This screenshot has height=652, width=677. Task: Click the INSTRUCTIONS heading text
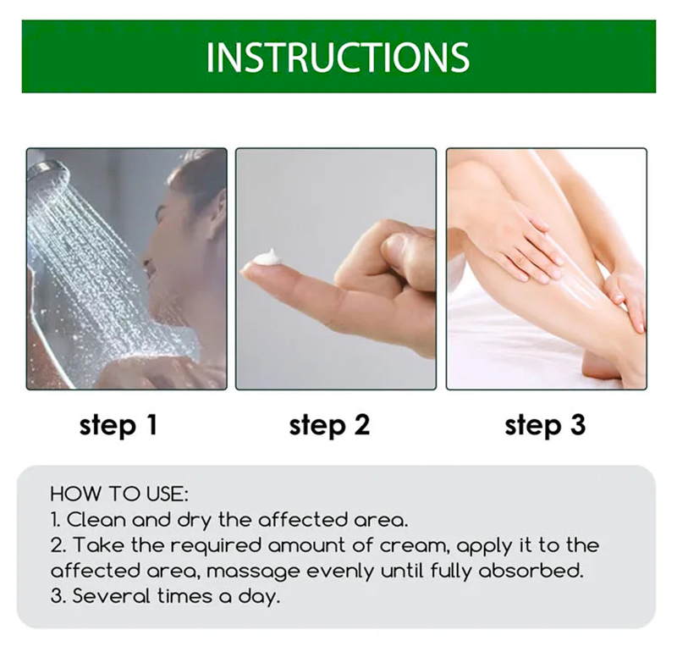click(338, 58)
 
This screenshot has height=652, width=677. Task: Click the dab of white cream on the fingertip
click(266, 257)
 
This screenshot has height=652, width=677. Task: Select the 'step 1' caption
click(118, 424)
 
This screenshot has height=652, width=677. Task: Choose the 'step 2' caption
click(329, 424)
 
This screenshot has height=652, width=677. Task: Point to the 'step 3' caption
click(545, 424)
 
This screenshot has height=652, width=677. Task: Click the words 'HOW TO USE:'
click(119, 493)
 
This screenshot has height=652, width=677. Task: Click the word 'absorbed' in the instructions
click(540, 571)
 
